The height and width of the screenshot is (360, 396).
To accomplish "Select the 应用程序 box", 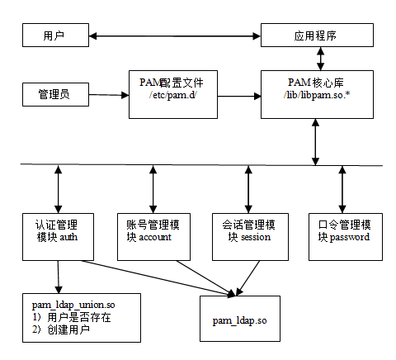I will point(317,36).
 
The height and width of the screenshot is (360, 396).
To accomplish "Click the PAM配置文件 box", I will point(171,94).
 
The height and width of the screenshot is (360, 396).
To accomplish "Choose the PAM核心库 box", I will point(316,94).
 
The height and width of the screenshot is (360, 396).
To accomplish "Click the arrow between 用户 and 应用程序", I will point(174,36).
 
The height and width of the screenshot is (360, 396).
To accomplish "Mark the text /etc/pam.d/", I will point(171,96).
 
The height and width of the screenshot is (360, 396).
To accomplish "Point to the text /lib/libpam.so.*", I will point(316,96).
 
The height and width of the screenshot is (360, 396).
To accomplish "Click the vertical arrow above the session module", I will point(247,189).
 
